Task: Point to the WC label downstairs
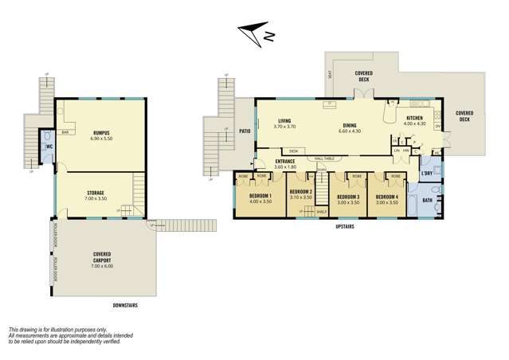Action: click(x=48, y=147)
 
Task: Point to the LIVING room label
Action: click(x=284, y=120)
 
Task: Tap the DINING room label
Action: click(x=350, y=124)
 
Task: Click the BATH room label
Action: click(x=427, y=200)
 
